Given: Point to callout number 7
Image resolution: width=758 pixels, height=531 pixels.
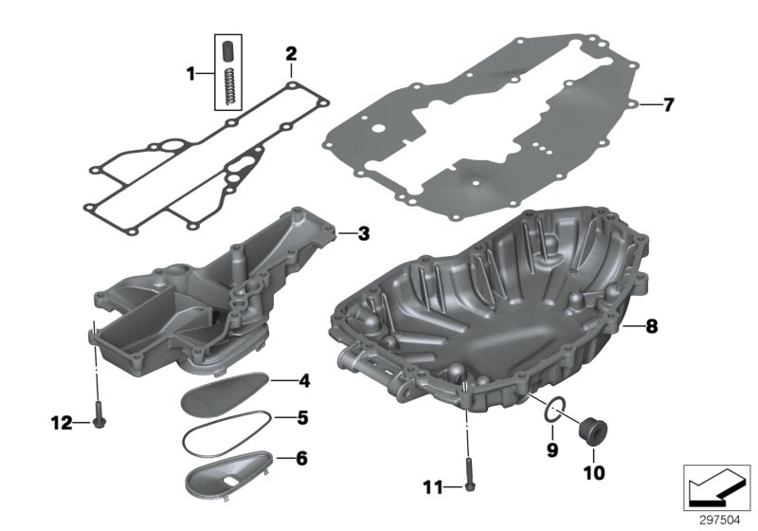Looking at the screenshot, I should (x=669, y=104).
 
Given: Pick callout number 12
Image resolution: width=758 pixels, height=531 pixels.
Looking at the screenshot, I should (x=61, y=423).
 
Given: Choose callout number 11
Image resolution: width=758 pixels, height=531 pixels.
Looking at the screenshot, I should (x=432, y=487).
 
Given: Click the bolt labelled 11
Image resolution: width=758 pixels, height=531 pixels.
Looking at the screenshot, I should (x=468, y=480).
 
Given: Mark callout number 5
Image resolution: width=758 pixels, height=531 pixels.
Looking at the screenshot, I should (x=303, y=417).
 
